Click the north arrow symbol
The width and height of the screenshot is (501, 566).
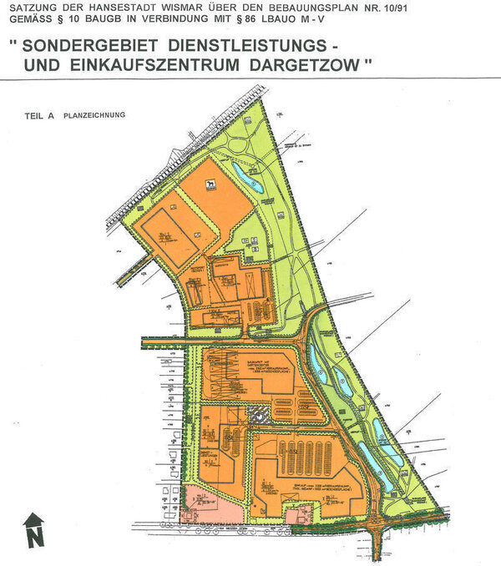[33, 530]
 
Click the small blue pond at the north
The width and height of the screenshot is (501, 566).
[248, 178]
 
